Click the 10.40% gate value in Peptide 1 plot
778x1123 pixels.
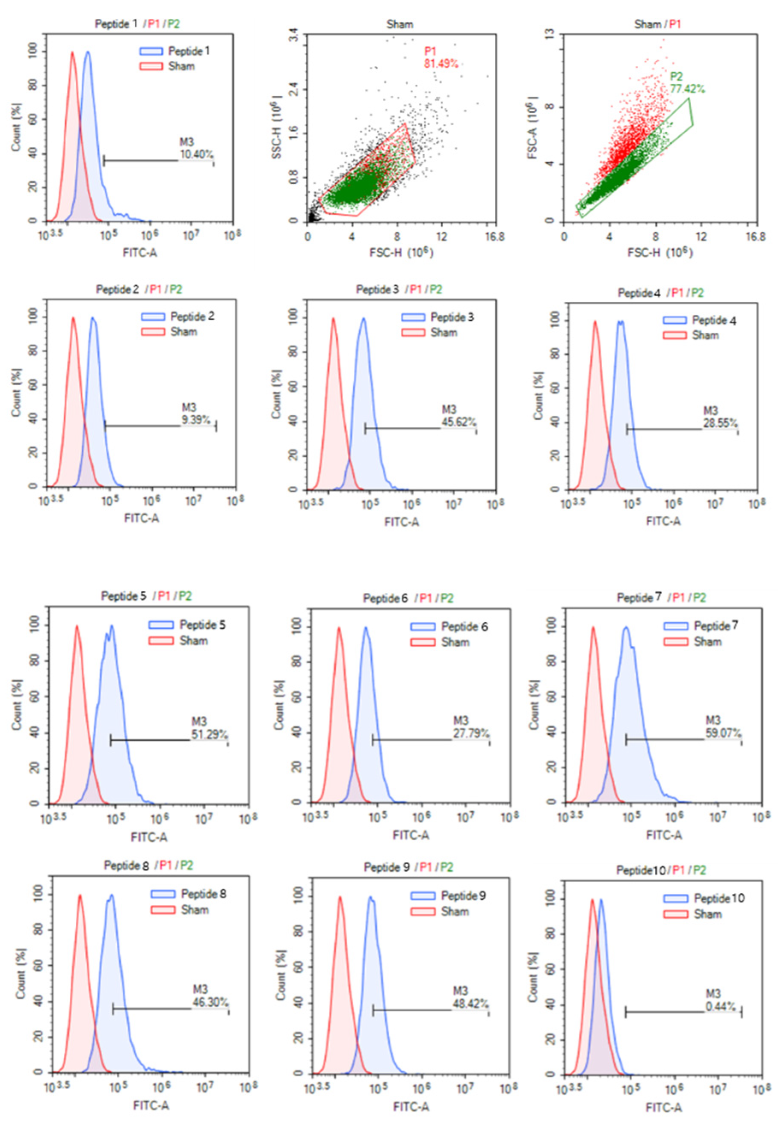tap(196, 154)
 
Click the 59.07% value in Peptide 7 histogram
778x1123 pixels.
tap(723, 733)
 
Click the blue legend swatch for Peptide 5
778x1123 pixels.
tap(161, 625)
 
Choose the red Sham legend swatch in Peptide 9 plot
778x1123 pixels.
tap(423, 911)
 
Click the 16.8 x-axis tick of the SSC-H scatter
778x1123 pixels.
tap(494, 237)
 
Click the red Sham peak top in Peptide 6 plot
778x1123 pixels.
tap(339, 628)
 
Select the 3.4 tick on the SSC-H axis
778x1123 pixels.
tap(294, 35)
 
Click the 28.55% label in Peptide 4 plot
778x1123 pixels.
tap(719, 423)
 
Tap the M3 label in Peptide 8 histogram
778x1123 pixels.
tap(200, 990)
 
